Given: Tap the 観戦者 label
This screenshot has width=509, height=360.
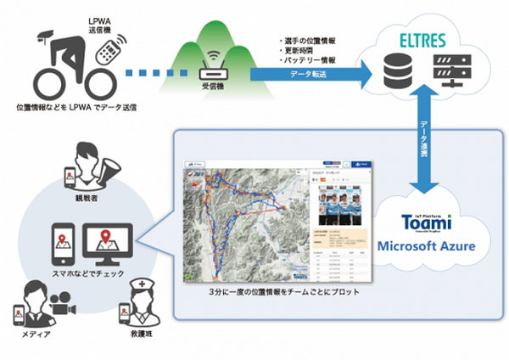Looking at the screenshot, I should pyautogui.click(x=88, y=200).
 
